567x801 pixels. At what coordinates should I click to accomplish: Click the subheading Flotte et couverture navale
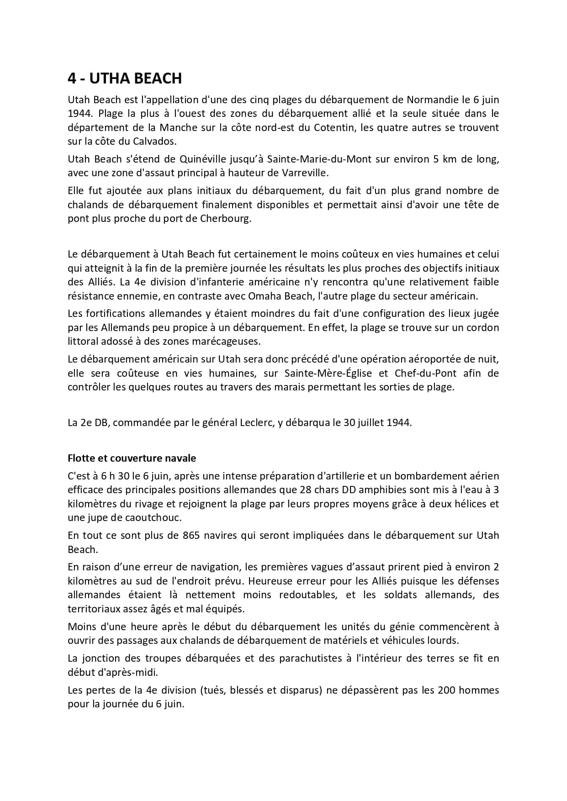pyautogui.click(x=132, y=458)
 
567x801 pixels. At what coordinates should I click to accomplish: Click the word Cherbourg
pyautogui.click(x=226, y=218)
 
